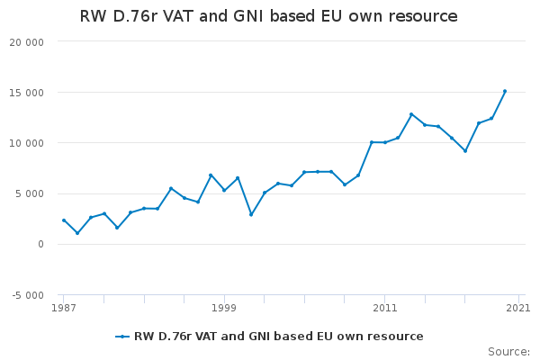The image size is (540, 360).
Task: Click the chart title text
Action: pos(268,16)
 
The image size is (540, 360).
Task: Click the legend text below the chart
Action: pos(278,337)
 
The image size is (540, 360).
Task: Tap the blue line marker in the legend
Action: pos(122,337)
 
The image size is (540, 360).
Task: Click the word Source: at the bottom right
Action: pos(508,351)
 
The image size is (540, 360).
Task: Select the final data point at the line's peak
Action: pos(505,91)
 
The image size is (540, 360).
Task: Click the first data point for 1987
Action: pos(64,220)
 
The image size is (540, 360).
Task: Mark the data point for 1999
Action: pos(224,190)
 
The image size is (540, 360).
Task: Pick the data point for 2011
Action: pos(384,142)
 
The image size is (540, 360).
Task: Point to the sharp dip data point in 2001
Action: pos(251,214)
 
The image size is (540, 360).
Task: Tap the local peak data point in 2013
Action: pos(411,114)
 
